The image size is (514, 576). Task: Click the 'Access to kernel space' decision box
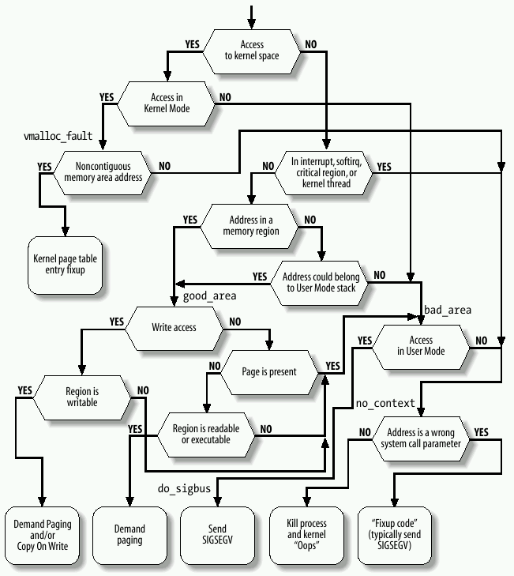[x=252, y=51]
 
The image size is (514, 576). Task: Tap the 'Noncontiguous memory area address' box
[x=109, y=172]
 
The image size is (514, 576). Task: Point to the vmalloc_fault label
[x=58, y=136]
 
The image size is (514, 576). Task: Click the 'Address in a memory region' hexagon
[x=251, y=225]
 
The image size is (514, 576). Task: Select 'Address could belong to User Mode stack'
[x=321, y=282]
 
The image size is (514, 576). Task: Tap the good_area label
[x=210, y=296]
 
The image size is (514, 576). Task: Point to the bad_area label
[x=448, y=310]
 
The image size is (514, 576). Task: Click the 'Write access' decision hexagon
[x=174, y=326]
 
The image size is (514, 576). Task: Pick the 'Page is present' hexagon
[x=269, y=371]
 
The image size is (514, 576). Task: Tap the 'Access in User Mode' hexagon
[x=421, y=345]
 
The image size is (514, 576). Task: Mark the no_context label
[x=385, y=403]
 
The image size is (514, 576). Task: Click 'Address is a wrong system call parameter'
[x=420, y=438]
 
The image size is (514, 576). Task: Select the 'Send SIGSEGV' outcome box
[x=217, y=535]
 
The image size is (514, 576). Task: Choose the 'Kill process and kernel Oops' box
[x=307, y=535]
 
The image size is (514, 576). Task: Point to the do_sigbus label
[x=183, y=489]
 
